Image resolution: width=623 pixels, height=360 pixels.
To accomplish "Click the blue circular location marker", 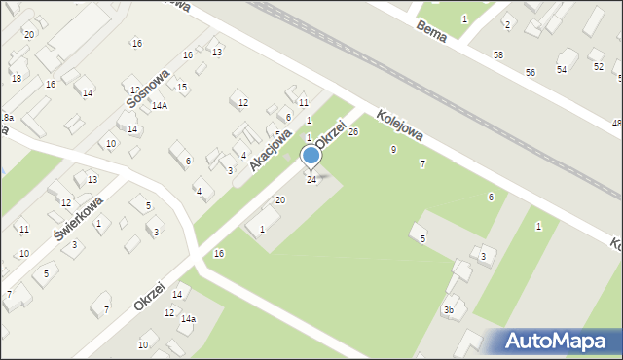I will point(311,156).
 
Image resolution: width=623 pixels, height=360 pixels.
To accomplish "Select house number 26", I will point(353,131).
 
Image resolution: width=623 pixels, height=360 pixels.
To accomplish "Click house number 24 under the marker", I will point(311,180).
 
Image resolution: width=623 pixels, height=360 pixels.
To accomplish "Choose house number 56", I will point(531,73).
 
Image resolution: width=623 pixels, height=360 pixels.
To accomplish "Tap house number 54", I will point(562,69).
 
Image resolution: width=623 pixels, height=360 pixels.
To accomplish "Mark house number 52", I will point(598,66).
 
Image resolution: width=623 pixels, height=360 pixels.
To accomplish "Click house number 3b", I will point(449,310).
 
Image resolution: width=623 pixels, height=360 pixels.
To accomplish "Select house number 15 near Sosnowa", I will point(182,88).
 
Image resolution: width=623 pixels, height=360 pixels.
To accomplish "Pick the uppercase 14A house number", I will point(159,106).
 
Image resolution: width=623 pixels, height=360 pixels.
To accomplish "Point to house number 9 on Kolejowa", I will point(393,149).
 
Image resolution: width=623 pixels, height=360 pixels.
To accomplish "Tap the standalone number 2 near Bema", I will point(507,24).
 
